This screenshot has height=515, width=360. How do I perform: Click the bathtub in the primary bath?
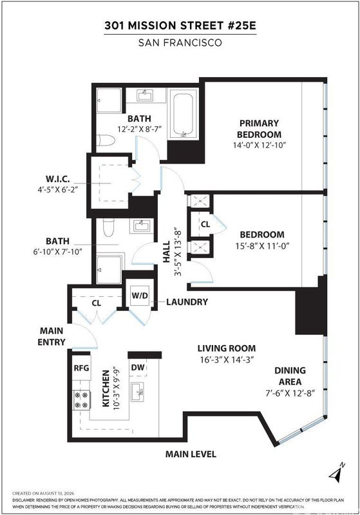point(183,115)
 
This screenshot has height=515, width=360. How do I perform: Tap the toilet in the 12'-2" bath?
point(106,140)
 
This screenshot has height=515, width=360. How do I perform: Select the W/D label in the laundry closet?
point(140,295)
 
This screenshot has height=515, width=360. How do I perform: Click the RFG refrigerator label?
point(81,368)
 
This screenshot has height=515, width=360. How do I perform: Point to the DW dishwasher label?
point(138,367)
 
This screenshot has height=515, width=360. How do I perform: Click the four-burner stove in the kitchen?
point(81,400)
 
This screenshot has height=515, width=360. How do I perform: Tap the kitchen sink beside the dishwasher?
point(138,391)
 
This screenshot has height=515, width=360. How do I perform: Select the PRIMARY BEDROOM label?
point(259,129)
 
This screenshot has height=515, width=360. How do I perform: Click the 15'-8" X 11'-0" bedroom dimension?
point(262,246)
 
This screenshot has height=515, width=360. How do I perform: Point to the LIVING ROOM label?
point(227,348)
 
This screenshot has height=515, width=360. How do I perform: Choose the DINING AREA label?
point(290,376)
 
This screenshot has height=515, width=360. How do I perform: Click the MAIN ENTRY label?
point(52,336)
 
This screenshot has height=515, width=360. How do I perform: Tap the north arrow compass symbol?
point(337,473)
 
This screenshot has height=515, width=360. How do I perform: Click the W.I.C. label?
point(57,179)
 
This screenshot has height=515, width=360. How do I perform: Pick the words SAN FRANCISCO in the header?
point(180,42)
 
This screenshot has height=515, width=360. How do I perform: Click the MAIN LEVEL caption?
point(191,454)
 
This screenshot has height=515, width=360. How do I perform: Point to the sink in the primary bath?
point(144,95)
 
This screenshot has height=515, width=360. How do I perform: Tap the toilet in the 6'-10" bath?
point(108,227)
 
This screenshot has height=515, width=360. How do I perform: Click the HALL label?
point(167,252)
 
